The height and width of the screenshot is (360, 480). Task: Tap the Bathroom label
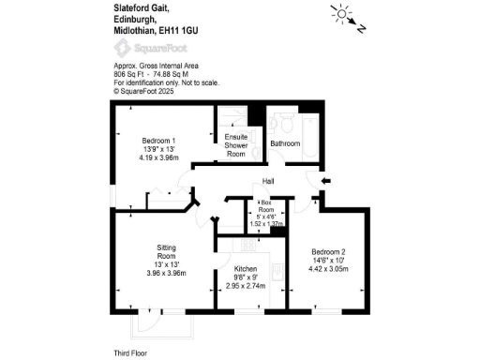click(285, 144)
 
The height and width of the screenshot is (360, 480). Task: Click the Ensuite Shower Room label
click(235, 145)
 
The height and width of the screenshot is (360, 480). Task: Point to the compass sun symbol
click(339, 13)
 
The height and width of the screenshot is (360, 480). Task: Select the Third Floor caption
click(133, 352)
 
